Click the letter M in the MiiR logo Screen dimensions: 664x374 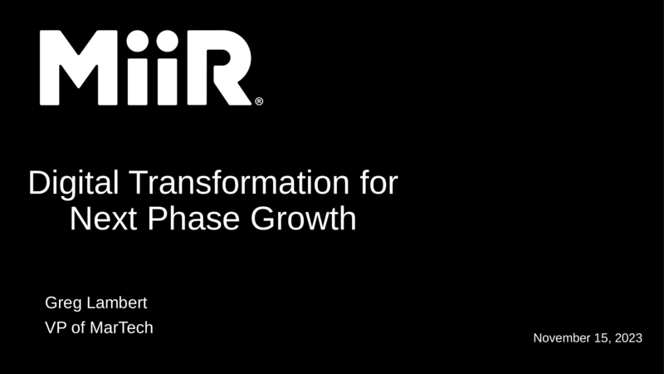pyautogui.click(x=78, y=67)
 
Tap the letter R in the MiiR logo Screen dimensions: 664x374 pyautogui.click(x=219, y=67)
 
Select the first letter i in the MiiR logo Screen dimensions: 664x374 pyautogui.click(x=137, y=67)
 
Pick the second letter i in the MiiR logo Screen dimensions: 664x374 pyautogui.click(x=168, y=67)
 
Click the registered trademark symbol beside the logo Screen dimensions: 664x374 pyautogui.click(x=259, y=101)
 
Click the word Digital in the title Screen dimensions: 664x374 pyautogui.click(x=73, y=183)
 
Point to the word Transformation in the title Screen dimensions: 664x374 pyautogui.click(x=239, y=182)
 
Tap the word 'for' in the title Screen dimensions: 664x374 pyautogui.click(x=379, y=182)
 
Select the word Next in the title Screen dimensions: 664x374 pyautogui.click(x=103, y=219)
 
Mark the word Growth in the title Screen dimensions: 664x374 pyautogui.click(x=303, y=219)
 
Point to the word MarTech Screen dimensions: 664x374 pyautogui.click(x=121, y=327)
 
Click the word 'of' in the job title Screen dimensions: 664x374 pyautogui.click(x=78, y=327)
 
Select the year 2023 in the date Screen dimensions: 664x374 pyautogui.click(x=628, y=338)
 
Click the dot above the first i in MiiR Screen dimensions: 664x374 pyautogui.click(x=137, y=41)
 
